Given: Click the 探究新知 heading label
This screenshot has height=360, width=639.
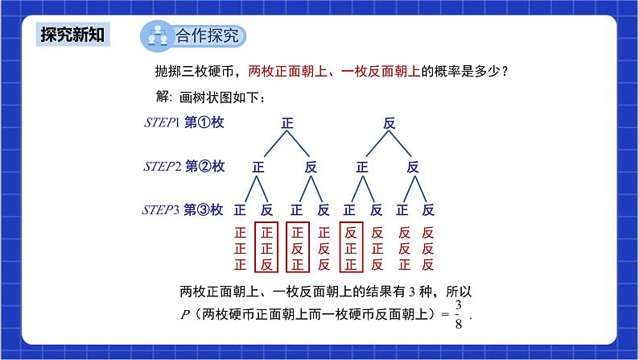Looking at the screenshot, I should click(72, 35).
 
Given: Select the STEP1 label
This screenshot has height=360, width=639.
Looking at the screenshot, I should click(160, 122).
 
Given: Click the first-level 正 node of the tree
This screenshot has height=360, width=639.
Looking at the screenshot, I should click(287, 123).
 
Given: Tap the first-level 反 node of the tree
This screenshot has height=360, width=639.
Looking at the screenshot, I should click(390, 123).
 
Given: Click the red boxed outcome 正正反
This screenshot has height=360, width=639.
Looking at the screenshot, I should click(266, 247).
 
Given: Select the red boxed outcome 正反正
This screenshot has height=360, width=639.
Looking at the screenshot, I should click(296, 247).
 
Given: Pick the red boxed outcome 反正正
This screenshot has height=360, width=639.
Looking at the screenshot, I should click(350, 247).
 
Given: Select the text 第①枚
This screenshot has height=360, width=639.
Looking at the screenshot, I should click(204, 122).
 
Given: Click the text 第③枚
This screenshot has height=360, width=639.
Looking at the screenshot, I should click(204, 210).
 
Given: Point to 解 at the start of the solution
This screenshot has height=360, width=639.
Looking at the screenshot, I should click(163, 97).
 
